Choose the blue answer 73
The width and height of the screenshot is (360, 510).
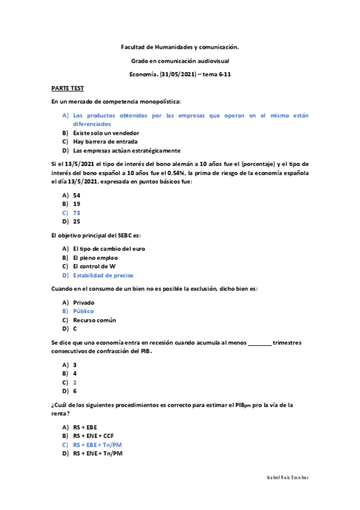coord(76,212)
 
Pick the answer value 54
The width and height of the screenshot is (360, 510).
coord(76,195)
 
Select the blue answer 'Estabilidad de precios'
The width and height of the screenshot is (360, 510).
coord(103,275)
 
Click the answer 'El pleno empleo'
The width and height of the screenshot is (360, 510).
coord(96,257)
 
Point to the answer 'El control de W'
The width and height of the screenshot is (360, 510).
coord(94,266)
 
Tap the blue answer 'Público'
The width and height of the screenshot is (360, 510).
coord(84,311)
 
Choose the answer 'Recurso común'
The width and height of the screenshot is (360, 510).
coord(94,320)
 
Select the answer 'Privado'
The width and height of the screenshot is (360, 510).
coord(84,303)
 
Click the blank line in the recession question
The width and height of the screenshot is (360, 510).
coord(259,343)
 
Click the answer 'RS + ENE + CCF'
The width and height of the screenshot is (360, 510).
coord(93,435)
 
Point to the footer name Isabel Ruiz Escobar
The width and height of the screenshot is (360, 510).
coord(288,477)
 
